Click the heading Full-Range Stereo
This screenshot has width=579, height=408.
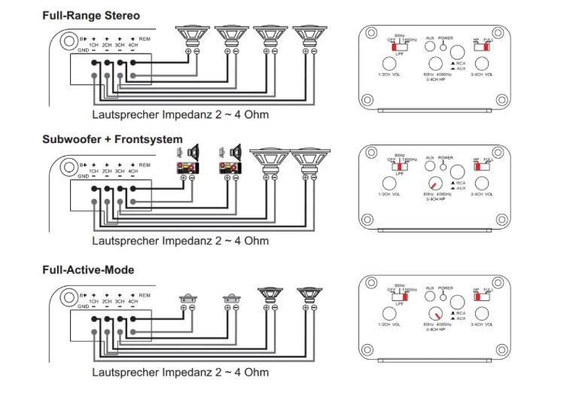(91, 15)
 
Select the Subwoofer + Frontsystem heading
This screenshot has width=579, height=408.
(112, 139)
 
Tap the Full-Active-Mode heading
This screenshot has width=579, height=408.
(88, 269)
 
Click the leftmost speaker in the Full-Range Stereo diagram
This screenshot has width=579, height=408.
(193, 35)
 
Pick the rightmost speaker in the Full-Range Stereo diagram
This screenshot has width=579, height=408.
(309, 35)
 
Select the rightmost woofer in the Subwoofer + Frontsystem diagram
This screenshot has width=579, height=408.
(309, 160)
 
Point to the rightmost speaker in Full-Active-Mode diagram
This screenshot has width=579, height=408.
(309, 294)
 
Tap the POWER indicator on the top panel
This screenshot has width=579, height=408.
(445, 46)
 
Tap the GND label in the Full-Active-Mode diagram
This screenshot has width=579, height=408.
(85, 306)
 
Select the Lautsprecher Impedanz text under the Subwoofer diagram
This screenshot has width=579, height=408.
(180, 242)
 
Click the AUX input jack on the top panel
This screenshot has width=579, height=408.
(431, 45)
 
